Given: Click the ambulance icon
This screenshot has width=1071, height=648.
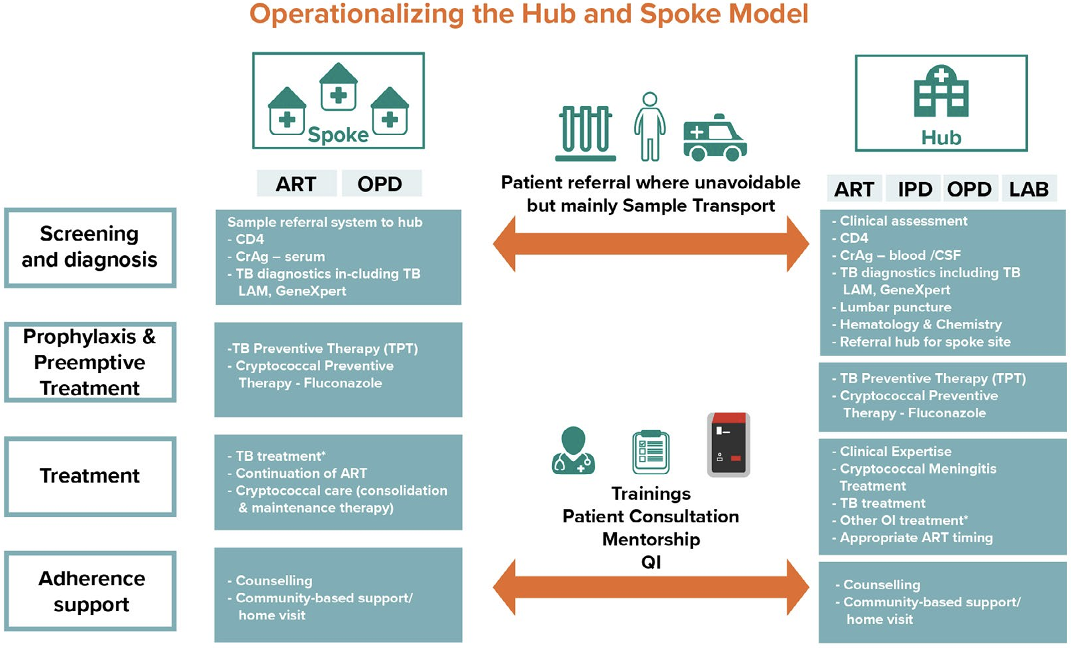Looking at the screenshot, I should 714,138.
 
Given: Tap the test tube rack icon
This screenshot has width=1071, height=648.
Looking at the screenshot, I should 585,133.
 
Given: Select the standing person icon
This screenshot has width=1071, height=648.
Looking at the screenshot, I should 649,127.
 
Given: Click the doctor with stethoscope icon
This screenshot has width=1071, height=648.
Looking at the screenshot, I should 573,451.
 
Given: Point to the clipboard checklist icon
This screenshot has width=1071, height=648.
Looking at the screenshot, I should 651,452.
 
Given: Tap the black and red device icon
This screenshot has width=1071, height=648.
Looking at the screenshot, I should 728,444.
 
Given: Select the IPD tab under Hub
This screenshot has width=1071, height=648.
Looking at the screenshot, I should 915,189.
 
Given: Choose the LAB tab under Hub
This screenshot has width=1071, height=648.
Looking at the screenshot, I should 1028,189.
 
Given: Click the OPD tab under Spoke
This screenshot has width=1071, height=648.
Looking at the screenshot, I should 380,184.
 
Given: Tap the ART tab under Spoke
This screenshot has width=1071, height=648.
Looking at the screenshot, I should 296,184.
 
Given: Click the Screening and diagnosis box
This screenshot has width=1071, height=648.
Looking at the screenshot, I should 90,247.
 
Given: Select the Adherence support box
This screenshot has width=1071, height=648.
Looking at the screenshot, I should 91,591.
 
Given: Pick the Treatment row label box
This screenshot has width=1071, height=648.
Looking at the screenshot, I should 90,476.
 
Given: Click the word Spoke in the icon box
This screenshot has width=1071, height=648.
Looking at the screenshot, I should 338,135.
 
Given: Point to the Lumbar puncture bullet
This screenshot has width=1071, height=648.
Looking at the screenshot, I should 895,307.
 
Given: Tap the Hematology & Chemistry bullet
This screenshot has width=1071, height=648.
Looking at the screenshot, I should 920,324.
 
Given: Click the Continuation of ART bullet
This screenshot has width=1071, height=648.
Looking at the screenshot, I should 301,473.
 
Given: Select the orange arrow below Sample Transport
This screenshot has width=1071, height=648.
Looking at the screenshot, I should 651,244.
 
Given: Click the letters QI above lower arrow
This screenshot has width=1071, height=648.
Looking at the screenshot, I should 651,562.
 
